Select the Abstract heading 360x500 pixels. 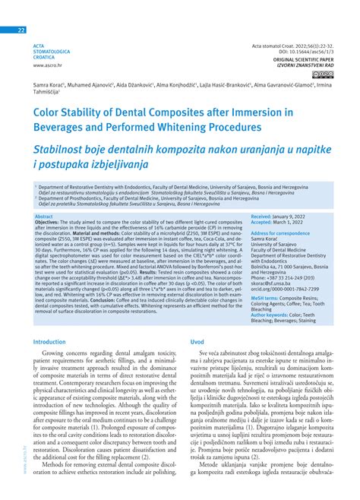pyautogui.click(x=46, y=216)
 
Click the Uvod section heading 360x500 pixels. pyautogui.click(x=194, y=342)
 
